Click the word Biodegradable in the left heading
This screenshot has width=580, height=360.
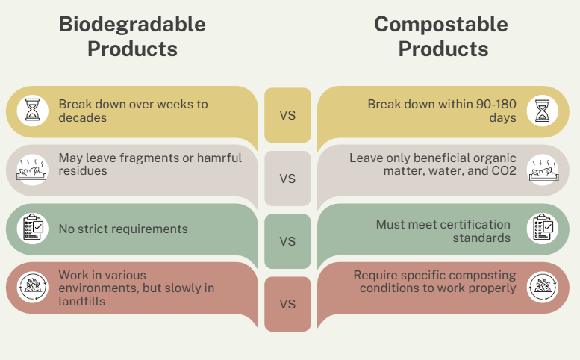132,25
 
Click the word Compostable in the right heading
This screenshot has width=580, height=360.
441,25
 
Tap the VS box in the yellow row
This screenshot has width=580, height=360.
287,115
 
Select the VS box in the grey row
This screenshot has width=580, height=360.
287,179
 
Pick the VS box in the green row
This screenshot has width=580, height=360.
287,241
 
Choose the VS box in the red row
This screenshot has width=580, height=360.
287,304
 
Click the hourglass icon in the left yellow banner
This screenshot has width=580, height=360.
33,111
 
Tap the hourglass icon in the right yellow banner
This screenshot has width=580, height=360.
543,111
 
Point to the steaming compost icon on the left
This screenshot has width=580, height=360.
33,170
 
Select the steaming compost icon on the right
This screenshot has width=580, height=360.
543,170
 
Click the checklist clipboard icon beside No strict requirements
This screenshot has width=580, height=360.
33,229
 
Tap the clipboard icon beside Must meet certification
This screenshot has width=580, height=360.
543,229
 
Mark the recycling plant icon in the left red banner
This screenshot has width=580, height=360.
33,287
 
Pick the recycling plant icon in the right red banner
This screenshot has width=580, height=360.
543,287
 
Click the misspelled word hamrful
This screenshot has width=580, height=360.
219,158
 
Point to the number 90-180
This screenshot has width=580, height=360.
496,105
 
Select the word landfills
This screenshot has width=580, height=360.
82,301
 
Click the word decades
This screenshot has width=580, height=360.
83,118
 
